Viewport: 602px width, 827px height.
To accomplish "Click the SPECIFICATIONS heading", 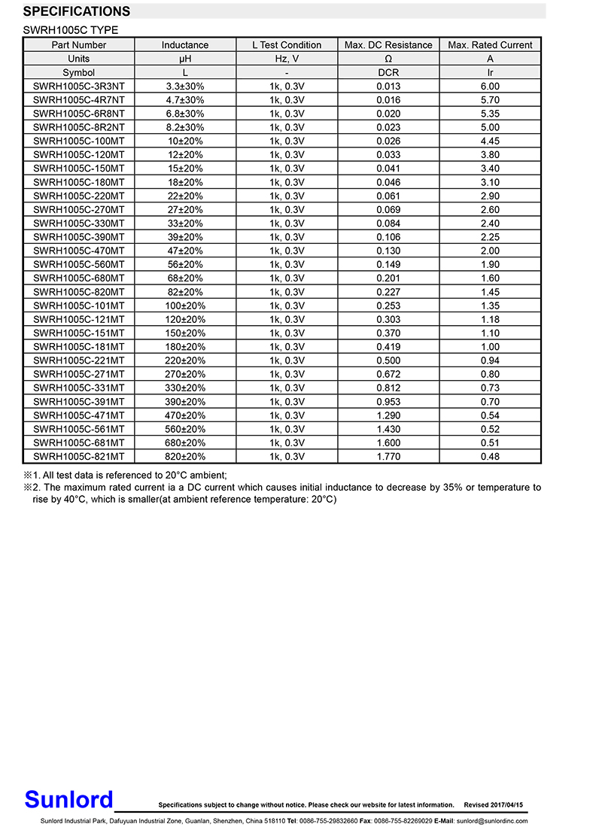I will (x=77, y=11).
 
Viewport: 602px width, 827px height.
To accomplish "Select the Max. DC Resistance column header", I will (x=388, y=45).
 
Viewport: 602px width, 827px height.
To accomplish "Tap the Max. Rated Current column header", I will (x=490, y=45).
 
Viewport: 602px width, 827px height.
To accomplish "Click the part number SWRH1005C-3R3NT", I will (x=79, y=87).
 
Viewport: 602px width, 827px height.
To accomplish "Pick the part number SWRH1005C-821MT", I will (x=79, y=457).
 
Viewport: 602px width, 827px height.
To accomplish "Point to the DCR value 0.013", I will (x=388, y=87).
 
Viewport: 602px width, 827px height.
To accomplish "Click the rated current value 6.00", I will (x=490, y=87).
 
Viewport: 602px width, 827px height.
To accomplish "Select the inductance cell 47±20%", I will (x=185, y=251).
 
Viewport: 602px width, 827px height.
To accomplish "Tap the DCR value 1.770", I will (x=388, y=457).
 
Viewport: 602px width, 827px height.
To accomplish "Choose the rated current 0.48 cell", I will (x=490, y=457).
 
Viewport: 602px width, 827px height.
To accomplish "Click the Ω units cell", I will (x=388, y=59).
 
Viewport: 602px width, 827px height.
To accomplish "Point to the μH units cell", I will (x=185, y=59).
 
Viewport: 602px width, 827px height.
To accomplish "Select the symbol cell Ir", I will (x=490, y=73).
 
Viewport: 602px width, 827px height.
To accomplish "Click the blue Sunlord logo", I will (x=68, y=799).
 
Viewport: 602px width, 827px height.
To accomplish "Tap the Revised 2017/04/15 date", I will (x=493, y=805).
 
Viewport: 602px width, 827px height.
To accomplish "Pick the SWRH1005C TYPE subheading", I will (x=71, y=30).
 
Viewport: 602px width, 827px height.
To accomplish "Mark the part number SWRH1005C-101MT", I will (x=79, y=306).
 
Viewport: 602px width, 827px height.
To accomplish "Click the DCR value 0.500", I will (x=388, y=360).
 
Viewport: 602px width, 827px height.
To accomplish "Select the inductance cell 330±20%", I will (x=185, y=388).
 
